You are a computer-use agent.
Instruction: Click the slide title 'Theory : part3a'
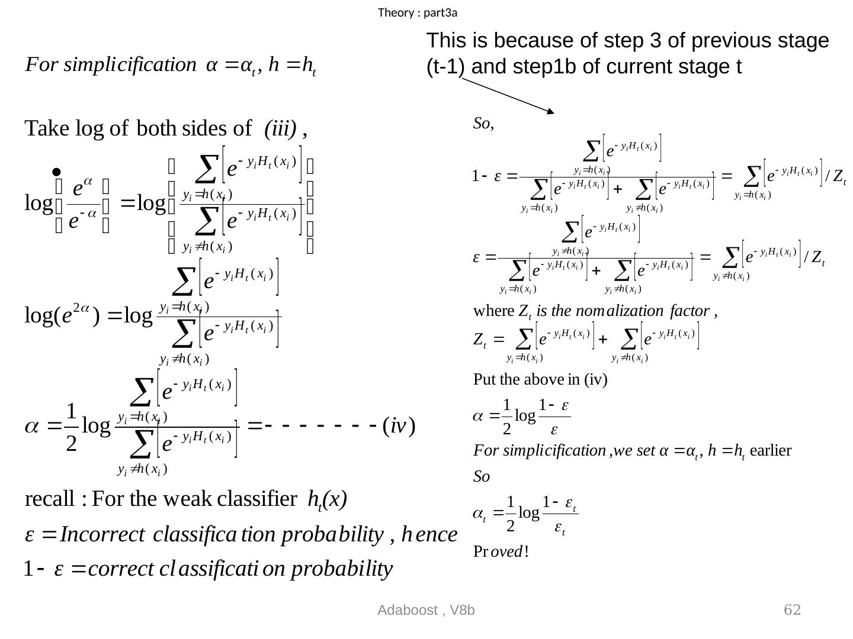point(418,12)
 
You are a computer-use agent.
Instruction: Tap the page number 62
point(792,610)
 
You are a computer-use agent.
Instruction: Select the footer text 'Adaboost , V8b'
point(426,611)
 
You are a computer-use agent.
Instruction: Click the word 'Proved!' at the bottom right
point(501,552)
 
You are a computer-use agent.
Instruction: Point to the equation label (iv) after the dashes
point(399,425)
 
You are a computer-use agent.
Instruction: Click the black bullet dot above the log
point(56,172)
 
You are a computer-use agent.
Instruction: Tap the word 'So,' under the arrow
point(483,124)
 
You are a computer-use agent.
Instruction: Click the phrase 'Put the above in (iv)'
point(540,379)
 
